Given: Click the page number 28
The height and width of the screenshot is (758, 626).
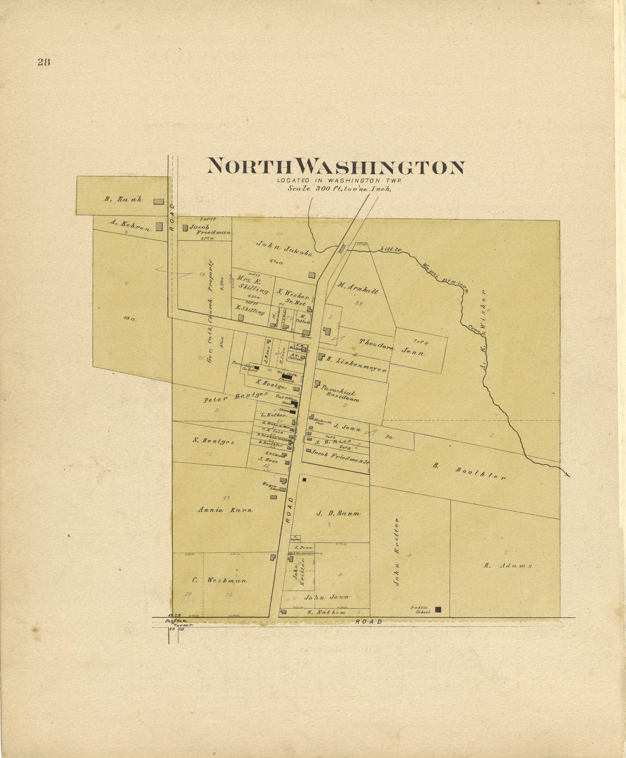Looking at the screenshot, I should tap(44, 63).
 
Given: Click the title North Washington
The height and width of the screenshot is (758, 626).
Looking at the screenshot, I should tap(335, 167).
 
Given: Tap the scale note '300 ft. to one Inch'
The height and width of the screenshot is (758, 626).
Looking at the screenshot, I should tap(339, 189).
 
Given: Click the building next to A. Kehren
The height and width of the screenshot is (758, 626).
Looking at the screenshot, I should tap(159, 226).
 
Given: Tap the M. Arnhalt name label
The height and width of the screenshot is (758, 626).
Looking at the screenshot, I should tap(358, 288).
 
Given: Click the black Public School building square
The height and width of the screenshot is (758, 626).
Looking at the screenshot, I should tap(438, 610).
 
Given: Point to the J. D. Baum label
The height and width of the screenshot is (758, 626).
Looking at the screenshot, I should tap(338, 513).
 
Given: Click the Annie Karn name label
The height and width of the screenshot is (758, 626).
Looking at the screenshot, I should tap(225, 510).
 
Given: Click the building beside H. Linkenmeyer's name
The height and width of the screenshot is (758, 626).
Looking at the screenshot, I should tap(322, 357).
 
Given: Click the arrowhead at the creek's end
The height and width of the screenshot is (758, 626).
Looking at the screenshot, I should tap(567, 474).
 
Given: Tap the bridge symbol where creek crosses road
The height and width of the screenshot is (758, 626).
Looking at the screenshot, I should tap(342, 248).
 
